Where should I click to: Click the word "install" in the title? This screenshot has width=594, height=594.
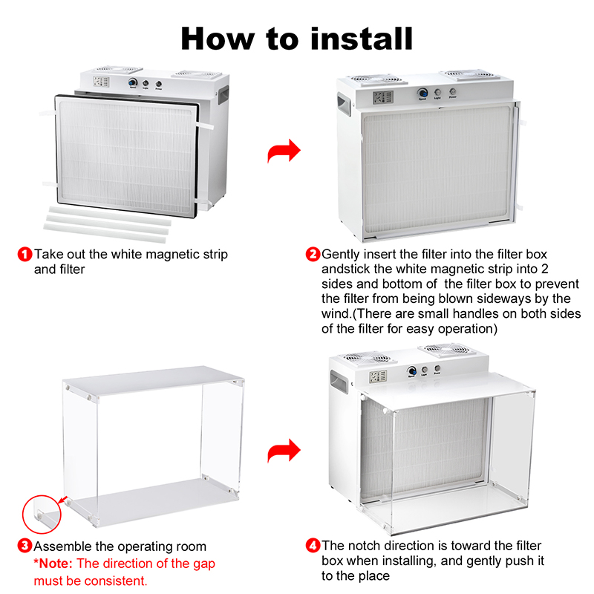[x=362, y=39]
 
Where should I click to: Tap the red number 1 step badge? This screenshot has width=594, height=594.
[x=25, y=254]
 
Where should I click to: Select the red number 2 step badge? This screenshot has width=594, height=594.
[x=313, y=254]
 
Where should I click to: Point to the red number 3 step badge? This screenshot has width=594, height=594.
[x=25, y=546]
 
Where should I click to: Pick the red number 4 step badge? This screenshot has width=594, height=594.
[x=313, y=546]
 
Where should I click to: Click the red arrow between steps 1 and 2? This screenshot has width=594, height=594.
[x=284, y=151]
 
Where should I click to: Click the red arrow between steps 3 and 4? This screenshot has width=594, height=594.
[x=284, y=451]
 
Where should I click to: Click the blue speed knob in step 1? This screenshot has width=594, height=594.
[x=133, y=82]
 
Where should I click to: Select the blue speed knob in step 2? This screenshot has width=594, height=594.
[x=422, y=92]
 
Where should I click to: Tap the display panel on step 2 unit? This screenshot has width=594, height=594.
[x=383, y=97]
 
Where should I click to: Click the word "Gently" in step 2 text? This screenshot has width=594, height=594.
[x=341, y=255]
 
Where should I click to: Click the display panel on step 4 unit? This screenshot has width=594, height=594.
[x=378, y=376]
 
